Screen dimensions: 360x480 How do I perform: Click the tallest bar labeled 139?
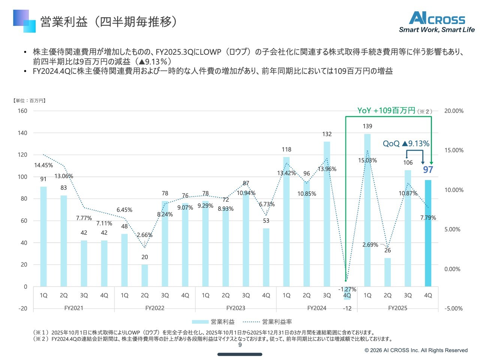[x=367, y=210]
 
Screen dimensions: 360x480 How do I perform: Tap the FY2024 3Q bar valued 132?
[x=327, y=214]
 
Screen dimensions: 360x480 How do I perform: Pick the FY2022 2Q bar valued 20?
[x=145, y=276]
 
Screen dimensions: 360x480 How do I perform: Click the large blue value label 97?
[x=428, y=170]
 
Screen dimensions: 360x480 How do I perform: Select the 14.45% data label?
[x=43, y=165]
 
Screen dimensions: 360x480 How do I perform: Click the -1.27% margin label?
[x=347, y=289]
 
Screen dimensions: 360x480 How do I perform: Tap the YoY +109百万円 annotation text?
[x=386, y=111]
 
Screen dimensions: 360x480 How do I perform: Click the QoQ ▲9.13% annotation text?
[x=406, y=144]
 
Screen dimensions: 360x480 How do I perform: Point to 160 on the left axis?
[x=22, y=111]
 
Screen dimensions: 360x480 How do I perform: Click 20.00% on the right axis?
[x=454, y=111]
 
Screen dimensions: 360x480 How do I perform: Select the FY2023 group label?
[x=235, y=308]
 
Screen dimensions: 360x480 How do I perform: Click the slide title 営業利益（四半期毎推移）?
[x=109, y=22]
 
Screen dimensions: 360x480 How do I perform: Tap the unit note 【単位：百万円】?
[x=29, y=100]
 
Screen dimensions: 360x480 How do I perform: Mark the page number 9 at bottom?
[x=240, y=345]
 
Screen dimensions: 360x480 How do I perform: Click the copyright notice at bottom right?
[x=416, y=350]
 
